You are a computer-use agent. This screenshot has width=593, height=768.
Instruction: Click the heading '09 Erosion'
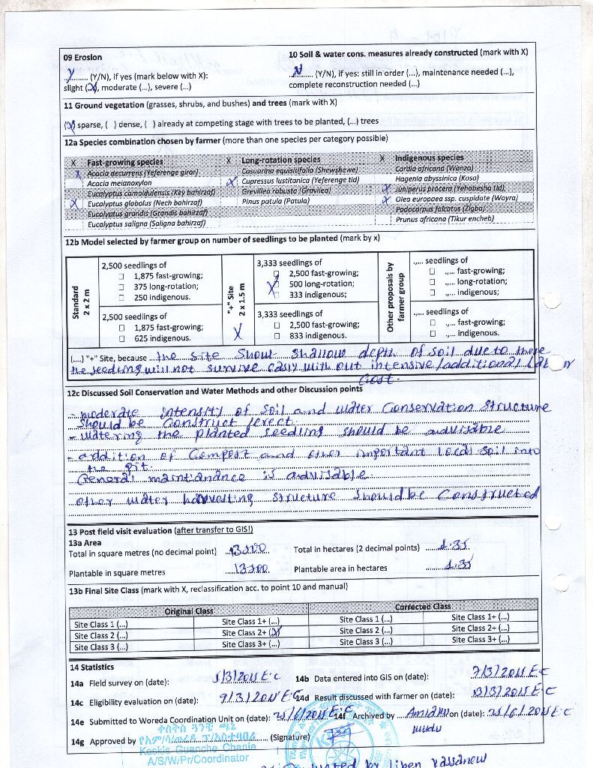point(82,57)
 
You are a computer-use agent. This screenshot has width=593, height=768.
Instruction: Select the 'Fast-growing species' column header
point(125,162)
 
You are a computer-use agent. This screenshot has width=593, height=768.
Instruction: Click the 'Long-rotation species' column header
point(281,160)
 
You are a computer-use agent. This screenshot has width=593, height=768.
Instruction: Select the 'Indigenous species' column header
point(429,158)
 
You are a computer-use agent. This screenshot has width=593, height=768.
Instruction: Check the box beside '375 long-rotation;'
point(121,286)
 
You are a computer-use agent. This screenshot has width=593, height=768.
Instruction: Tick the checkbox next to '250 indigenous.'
point(121,298)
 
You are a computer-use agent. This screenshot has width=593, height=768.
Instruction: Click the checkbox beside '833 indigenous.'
point(277,336)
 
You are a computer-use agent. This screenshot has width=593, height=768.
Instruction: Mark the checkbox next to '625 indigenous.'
point(121,338)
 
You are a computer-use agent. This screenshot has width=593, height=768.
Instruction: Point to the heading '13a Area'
point(85,541)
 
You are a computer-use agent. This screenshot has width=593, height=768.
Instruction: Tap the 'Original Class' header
point(189,610)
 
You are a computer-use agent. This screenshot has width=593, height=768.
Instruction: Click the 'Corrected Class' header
point(422,606)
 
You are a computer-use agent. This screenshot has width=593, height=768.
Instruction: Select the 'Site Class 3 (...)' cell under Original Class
point(101,646)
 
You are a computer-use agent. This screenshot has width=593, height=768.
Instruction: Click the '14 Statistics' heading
point(92,667)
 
